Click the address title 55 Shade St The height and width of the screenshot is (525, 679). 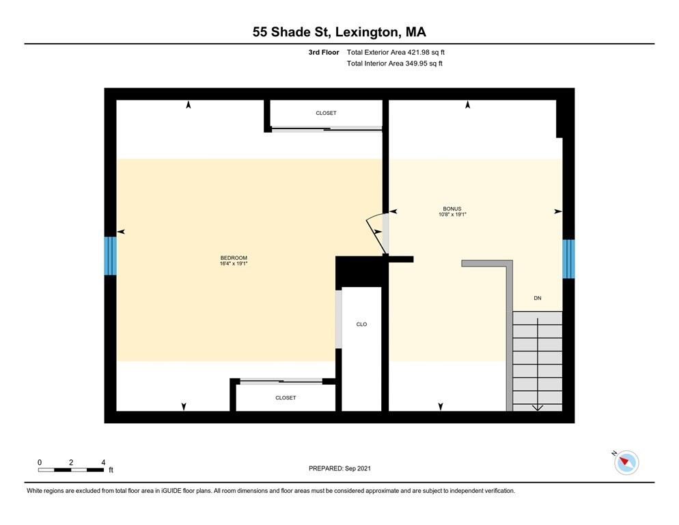point(339,32)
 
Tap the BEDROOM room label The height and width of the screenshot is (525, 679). point(229,257)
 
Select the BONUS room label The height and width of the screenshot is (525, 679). point(452,208)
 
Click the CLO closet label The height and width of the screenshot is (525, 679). point(361,324)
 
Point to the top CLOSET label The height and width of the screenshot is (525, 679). point(326,113)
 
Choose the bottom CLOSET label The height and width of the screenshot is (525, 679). point(286,397)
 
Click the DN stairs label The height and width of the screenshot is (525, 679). point(538,298)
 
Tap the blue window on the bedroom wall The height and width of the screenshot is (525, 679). point(110,256)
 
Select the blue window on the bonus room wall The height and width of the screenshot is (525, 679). point(568,259)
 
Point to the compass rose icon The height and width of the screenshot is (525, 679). point(626,463)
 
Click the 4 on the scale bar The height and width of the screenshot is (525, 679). point(102,462)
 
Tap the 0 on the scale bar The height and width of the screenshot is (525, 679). point(40,462)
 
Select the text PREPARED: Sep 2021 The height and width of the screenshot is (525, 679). point(339,468)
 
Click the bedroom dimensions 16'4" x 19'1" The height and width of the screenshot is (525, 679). point(229,263)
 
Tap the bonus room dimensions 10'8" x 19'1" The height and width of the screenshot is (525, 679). point(452,214)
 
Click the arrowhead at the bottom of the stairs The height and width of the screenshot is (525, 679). point(537,408)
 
